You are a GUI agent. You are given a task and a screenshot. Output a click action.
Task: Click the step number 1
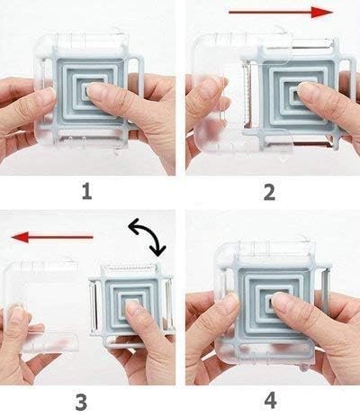[x=87, y=192]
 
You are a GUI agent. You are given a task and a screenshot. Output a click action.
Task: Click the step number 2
[x=269, y=192]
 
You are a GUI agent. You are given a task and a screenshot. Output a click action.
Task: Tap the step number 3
[x=81, y=403]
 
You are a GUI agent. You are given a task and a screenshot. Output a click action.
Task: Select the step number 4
[x=270, y=401]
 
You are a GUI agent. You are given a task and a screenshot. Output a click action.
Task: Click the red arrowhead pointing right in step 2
[x=321, y=13]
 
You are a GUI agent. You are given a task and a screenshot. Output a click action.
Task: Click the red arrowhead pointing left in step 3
[x=20, y=237]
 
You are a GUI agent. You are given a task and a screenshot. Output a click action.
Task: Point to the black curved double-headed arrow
[x=148, y=237]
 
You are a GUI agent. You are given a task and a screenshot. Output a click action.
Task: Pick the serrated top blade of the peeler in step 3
[x=130, y=268]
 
